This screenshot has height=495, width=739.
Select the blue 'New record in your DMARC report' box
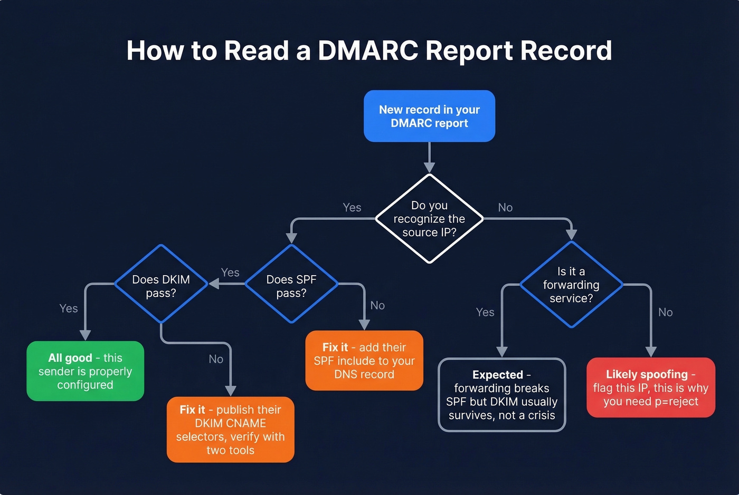click(429, 116)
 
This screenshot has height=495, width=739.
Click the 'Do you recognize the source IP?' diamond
click(429, 219)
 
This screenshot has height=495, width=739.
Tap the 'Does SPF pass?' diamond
click(291, 284)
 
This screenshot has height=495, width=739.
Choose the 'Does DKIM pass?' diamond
click(161, 284)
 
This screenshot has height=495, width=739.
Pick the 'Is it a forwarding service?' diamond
click(571, 285)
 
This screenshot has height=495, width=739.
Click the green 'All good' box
click(85, 371)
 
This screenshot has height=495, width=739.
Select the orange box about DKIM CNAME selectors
click(230, 430)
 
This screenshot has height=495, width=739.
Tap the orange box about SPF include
click(364, 361)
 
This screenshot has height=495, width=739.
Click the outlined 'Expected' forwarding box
click(501, 395)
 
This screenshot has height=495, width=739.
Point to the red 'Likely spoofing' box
click(651, 387)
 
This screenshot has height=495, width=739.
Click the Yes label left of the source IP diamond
click(352, 208)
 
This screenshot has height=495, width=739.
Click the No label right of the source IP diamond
click(505, 208)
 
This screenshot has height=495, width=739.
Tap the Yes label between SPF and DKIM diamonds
click(230, 273)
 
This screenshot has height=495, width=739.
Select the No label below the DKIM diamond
click(216, 359)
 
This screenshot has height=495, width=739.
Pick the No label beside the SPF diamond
click(377, 305)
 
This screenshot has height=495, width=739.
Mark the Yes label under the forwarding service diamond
click(485, 312)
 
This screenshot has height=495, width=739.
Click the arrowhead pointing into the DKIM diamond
click(214, 284)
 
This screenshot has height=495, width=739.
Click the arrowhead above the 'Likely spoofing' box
click(651, 352)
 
